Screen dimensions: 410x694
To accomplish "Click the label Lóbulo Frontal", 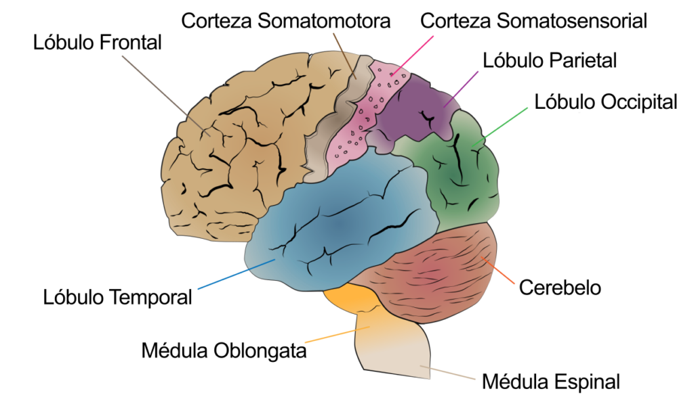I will click(98, 43).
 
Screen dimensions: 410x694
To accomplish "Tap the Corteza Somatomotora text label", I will click(286, 21).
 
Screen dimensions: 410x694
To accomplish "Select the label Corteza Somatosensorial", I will click(533, 21).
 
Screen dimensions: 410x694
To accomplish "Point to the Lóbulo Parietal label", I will click(550, 60).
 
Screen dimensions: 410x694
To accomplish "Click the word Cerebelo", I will click(560, 287).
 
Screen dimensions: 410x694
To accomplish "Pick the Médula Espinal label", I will click(550, 382).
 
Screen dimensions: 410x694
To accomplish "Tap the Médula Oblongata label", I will click(224, 351).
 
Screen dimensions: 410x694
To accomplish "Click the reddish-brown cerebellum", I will click(434, 271).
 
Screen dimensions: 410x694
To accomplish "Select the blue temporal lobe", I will click(339, 223).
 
